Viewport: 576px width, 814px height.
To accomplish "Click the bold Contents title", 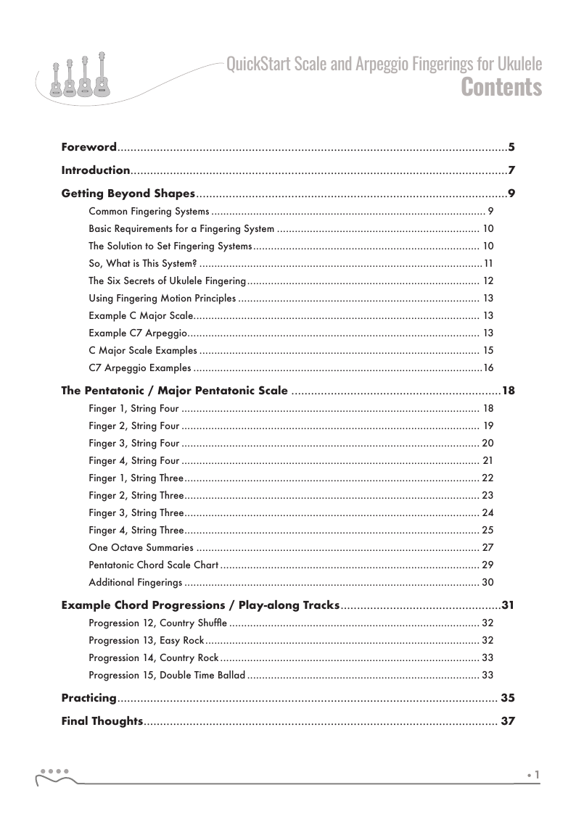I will pyautogui.click(x=501, y=87).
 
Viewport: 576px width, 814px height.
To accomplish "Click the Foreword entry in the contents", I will pyautogui.click(x=89, y=148).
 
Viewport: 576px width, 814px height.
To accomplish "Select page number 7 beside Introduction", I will pyautogui.click(x=511, y=171).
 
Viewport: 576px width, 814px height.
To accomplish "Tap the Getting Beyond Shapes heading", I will pyautogui.click(x=128, y=194).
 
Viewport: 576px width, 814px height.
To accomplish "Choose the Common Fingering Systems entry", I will pyautogui.click(x=149, y=212).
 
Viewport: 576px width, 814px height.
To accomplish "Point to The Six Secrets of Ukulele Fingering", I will pyautogui.click(x=168, y=281).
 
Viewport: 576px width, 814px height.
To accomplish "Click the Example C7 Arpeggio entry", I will pyautogui.click(x=139, y=333).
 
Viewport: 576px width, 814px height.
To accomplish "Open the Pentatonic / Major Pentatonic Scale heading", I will pyautogui.click(x=175, y=391).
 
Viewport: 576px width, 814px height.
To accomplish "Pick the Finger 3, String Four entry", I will pyautogui.click(x=133, y=443).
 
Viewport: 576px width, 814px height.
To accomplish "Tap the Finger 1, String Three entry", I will pyautogui.click(x=136, y=478).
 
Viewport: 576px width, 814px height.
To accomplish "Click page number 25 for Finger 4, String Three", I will pyautogui.click(x=487, y=530).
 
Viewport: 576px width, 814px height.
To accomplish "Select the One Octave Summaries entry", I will pyautogui.click(x=141, y=547).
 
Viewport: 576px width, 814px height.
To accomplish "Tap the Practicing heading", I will pyautogui.click(x=89, y=698).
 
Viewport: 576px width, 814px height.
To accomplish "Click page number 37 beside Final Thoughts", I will pyautogui.click(x=508, y=721).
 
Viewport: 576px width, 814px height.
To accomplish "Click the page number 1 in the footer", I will pyautogui.click(x=537, y=775).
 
